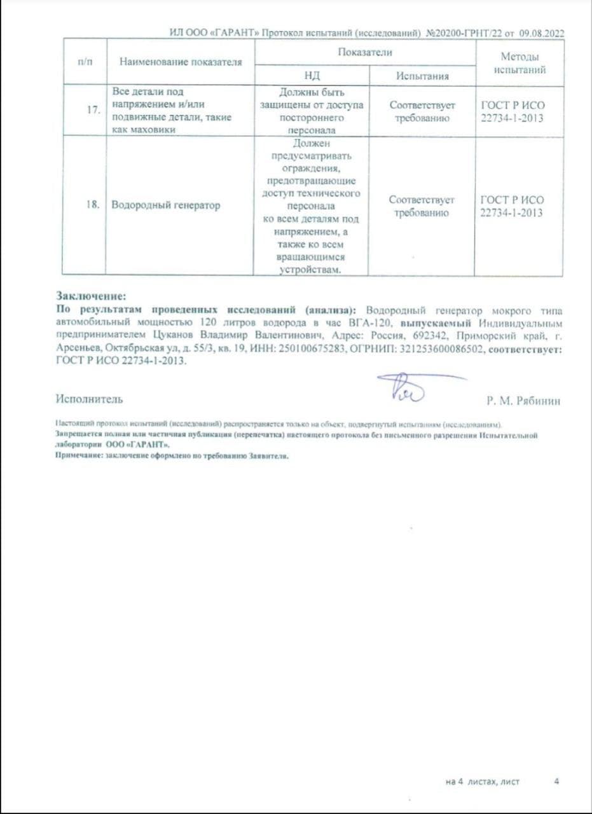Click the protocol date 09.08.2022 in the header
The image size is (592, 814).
coord(542,33)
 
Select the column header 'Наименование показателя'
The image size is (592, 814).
coord(181,62)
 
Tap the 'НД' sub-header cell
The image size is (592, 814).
coord(312,76)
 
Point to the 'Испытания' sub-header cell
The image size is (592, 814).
coord(422,76)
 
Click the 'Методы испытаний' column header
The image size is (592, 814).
coord(520,62)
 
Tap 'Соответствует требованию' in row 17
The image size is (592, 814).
coord(422,111)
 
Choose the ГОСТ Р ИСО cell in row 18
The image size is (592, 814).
coord(512,206)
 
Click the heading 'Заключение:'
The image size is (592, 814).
coord(92,296)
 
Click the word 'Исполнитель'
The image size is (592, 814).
coord(89,399)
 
